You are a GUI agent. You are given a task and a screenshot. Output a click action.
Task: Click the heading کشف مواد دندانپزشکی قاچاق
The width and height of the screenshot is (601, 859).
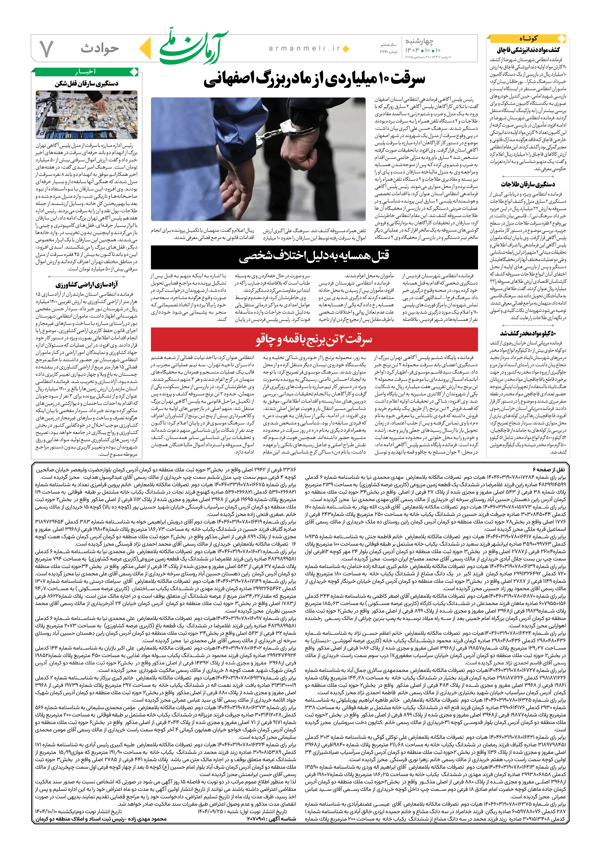(528, 50)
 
